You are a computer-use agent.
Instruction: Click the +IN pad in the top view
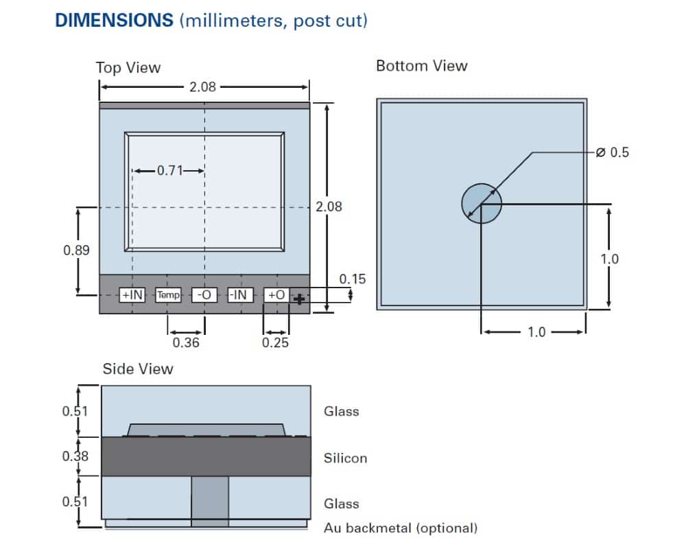(x=132, y=295)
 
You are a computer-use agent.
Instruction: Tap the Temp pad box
(x=168, y=295)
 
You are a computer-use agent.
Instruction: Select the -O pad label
(x=204, y=295)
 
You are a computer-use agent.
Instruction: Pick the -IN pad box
(x=239, y=295)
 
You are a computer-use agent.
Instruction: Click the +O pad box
(x=276, y=295)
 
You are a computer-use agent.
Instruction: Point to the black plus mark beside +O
(x=299, y=299)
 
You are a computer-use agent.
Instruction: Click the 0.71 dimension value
(x=169, y=170)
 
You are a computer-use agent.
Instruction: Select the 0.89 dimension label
(x=76, y=250)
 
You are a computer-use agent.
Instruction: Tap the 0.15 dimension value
(x=353, y=279)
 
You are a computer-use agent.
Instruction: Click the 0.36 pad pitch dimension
(x=186, y=342)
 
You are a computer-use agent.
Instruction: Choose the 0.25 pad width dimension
(x=276, y=342)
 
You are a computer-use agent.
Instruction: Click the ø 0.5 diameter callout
(x=612, y=152)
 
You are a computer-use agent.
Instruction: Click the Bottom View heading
(x=421, y=66)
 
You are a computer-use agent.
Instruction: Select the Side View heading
(x=138, y=369)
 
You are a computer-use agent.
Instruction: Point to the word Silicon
(x=345, y=458)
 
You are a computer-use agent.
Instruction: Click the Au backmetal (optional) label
(x=400, y=528)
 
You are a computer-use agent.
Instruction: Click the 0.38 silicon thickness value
(x=75, y=456)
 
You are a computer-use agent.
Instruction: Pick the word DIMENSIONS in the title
(x=114, y=20)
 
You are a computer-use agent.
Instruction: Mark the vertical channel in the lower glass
(x=210, y=501)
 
